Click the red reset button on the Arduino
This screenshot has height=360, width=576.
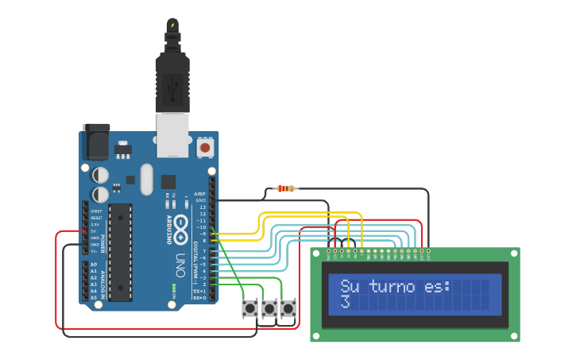[205, 147]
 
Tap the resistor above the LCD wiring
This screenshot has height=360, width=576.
[284, 188]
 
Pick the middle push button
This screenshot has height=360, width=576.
[269, 308]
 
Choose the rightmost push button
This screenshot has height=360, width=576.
[288, 308]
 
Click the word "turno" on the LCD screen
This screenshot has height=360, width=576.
[392, 286]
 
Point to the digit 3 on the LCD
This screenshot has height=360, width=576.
[345, 303]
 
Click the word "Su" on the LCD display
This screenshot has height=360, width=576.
[350, 286]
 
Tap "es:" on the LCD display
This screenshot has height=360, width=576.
[436, 286]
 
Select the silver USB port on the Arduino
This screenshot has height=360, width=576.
[172, 134]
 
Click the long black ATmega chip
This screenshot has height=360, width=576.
[120, 252]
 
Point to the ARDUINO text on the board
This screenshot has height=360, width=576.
[169, 227]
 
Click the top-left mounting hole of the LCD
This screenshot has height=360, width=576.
[316, 254]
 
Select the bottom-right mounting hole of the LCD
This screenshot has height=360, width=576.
[513, 336]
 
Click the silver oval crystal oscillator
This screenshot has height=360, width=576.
[146, 179]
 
